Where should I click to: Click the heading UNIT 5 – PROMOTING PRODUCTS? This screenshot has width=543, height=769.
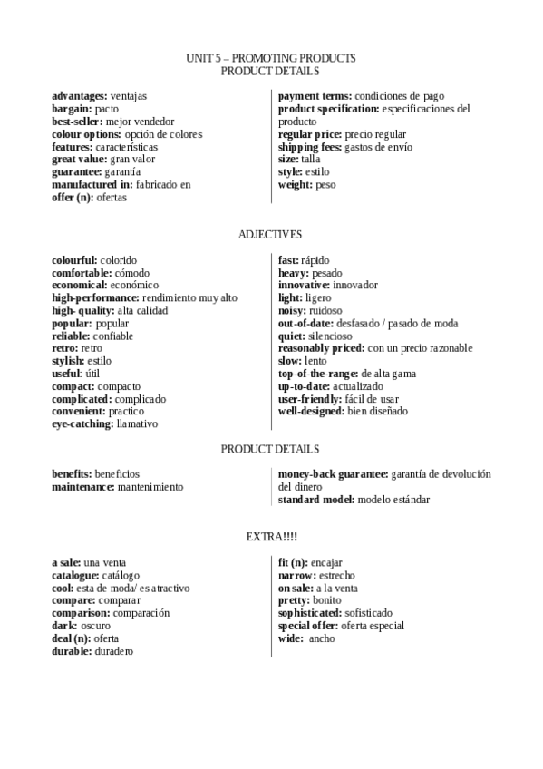[x=270, y=58]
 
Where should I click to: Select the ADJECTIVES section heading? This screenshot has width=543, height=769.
[x=270, y=234]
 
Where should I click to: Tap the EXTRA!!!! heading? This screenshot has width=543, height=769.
[x=270, y=537]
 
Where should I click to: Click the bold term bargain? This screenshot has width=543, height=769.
[x=73, y=109]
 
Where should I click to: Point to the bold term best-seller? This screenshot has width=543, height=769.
[x=77, y=122]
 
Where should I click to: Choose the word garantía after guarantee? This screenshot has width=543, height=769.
[x=122, y=172]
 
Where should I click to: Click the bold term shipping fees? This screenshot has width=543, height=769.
[x=310, y=147]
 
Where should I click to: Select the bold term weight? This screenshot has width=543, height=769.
[x=296, y=185]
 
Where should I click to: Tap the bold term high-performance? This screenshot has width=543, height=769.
[x=96, y=297]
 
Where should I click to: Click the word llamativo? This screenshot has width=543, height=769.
[x=137, y=423]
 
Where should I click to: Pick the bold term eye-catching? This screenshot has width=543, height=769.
[x=82, y=423]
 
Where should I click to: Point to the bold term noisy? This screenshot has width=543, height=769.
[x=293, y=310]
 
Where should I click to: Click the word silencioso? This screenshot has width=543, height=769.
[x=330, y=336]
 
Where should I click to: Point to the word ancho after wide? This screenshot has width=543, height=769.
[x=322, y=638]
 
